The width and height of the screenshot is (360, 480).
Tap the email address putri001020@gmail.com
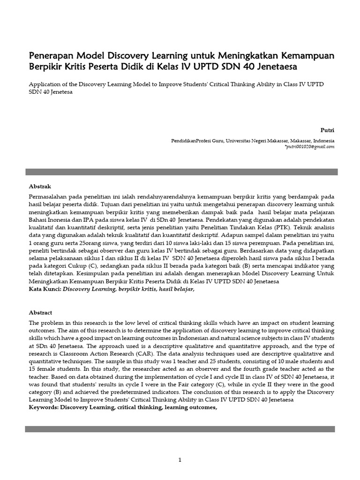(x=310, y=147)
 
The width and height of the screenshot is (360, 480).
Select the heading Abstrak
(x=40, y=186)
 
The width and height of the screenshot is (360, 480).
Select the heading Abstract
(x=41, y=312)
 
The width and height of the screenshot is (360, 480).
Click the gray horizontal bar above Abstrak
(x=181, y=172)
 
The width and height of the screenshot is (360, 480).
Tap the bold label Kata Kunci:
(x=45, y=290)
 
